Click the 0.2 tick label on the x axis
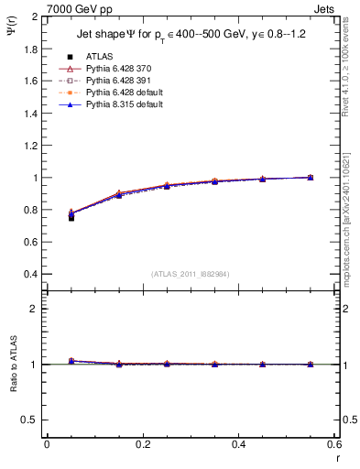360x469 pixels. pyautogui.click(x=142, y=444)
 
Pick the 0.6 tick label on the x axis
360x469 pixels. pyautogui.click(x=333, y=444)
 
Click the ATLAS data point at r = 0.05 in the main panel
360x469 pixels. pyautogui.click(x=71, y=217)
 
